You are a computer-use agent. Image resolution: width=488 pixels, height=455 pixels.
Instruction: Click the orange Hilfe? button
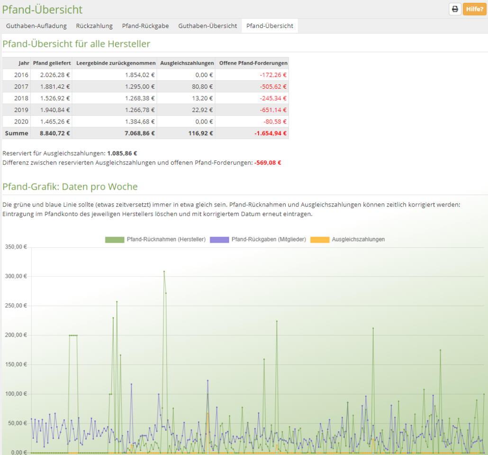[x=475, y=9]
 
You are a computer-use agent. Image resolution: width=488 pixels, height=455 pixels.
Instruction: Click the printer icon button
[x=455, y=9]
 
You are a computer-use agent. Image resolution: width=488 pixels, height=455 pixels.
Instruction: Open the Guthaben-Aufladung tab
[x=36, y=26]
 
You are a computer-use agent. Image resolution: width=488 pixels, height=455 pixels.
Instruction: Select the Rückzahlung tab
[x=94, y=26]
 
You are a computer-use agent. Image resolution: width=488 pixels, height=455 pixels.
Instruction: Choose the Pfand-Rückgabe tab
[x=145, y=26]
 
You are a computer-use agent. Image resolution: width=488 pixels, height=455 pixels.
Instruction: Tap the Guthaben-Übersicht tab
[x=208, y=26]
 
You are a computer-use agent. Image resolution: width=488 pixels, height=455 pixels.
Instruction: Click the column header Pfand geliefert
[x=52, y=63]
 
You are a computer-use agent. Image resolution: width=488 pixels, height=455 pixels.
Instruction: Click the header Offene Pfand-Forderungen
[x=253, y=63]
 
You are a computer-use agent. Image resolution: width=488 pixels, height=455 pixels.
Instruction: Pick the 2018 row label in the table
[x=21, y=98]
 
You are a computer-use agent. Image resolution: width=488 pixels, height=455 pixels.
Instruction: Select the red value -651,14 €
[x=273, y=110]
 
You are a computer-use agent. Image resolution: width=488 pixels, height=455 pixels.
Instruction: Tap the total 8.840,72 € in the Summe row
[x=55, y=133]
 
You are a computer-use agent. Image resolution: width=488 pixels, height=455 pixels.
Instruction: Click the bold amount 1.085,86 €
[x=122, y=154]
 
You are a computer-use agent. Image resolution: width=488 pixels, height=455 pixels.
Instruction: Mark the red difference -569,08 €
[x=268, y=163]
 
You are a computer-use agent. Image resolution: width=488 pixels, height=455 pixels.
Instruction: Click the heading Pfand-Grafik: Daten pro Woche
[x=70, y=187]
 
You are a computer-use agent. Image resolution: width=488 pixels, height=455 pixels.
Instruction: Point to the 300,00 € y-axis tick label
[x=16, y=277]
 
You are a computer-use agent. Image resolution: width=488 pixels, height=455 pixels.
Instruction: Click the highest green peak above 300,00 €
[x=164, y=271]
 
